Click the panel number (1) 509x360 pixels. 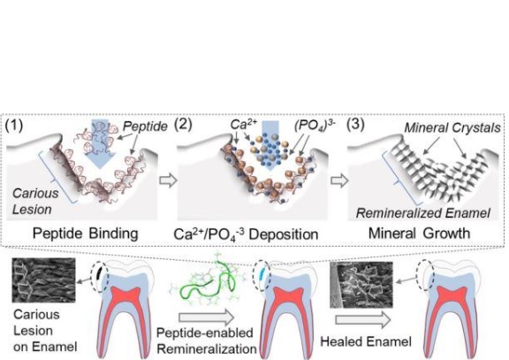point(14,125)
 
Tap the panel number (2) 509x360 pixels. point(184,124)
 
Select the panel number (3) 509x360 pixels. point(355,124)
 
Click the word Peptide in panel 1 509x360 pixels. point(146,126)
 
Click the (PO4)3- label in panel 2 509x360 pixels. point(315,126)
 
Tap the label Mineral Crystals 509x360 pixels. point(452,127)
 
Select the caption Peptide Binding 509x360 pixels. point(86,234)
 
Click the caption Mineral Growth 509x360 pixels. point(419,234)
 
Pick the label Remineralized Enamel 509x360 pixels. point(423,213)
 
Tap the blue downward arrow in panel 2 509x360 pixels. point(270,146)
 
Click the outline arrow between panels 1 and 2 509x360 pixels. point(168,180)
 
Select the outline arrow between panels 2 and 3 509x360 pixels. point(339,180)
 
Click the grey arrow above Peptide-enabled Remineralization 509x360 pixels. point(206,318)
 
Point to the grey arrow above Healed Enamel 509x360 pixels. point(363,319)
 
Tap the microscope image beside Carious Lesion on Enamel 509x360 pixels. point(43,280)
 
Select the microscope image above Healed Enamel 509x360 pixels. point(361,285)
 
